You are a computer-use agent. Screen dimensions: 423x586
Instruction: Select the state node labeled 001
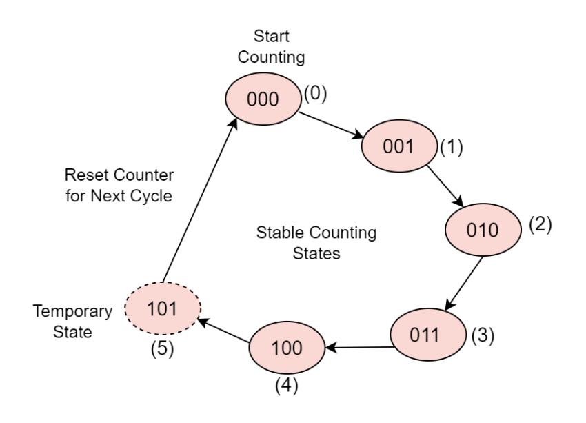tap(399, 146)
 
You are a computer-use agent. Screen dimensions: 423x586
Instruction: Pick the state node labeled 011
tap(425, 335)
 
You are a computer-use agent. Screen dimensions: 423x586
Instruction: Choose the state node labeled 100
tap(286, 348)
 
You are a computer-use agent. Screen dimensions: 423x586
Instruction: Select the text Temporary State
tap(72, 321)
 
